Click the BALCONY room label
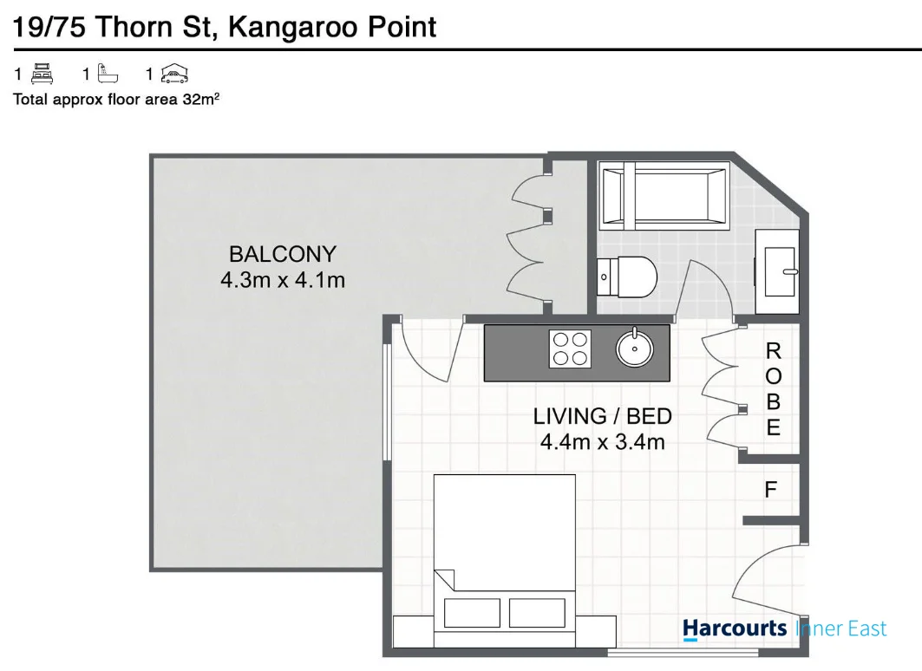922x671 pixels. coord(282,254)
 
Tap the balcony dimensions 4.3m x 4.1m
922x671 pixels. coord(282,280)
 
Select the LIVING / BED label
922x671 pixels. coord(602,416)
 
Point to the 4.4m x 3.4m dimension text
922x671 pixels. coord(602,441)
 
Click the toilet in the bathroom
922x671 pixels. coord(627,277)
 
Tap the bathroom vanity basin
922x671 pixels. coord(781,271)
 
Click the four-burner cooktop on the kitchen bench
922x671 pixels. coord(570,349)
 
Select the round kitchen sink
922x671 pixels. coord(634,349)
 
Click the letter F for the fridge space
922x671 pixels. coord(770,489)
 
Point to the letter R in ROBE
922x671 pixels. coord(773,351)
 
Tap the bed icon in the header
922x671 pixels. coord(42,74)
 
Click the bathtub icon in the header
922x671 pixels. coord(108,74)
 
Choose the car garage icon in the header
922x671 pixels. coord(174,74)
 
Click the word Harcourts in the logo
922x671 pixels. coord(735,629)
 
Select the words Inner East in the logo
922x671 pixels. coord(840,629)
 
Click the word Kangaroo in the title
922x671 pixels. coord(293,28)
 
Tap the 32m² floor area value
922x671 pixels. coord(201,99)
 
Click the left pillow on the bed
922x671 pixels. coord(472,612)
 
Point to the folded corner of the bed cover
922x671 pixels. coord(444,579)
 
